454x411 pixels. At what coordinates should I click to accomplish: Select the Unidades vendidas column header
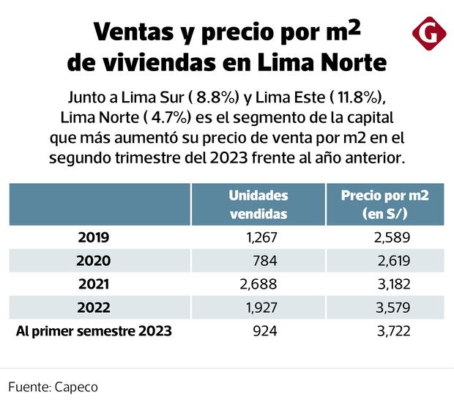click(x=258, y=204)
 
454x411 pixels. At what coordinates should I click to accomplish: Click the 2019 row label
click(x=94, y=237)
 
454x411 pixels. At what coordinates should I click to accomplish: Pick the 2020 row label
click(x=94, y=261)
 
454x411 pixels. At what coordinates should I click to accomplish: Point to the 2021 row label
click(x=94, y=284)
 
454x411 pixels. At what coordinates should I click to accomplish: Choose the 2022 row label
click(x=94, y=308)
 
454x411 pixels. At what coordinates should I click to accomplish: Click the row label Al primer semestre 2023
click(x=94, y=331)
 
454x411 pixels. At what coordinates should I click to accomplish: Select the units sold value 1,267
click(x=261, y=237)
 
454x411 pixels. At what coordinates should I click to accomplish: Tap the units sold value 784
click(x=266, y=261)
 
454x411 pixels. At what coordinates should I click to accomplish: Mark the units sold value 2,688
click(x=261, y=284)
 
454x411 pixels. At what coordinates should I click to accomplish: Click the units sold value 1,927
click(x=261, y=308)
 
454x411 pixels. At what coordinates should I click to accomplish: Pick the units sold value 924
click(x=266, y=331)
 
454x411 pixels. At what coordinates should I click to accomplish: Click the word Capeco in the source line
click(x=76, y=387)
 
